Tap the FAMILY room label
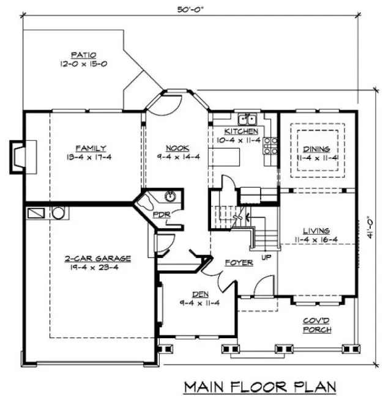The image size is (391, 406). click(91, 148)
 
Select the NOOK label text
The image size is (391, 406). click(177, 148)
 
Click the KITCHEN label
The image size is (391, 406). click(241, 131)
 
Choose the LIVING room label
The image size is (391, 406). click(316, 231)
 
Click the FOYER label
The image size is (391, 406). click(239, 262)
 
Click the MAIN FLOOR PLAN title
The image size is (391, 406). click(261, 386)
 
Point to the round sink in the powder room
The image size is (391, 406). click(170, 196)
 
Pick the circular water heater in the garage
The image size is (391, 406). click(58, 213)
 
